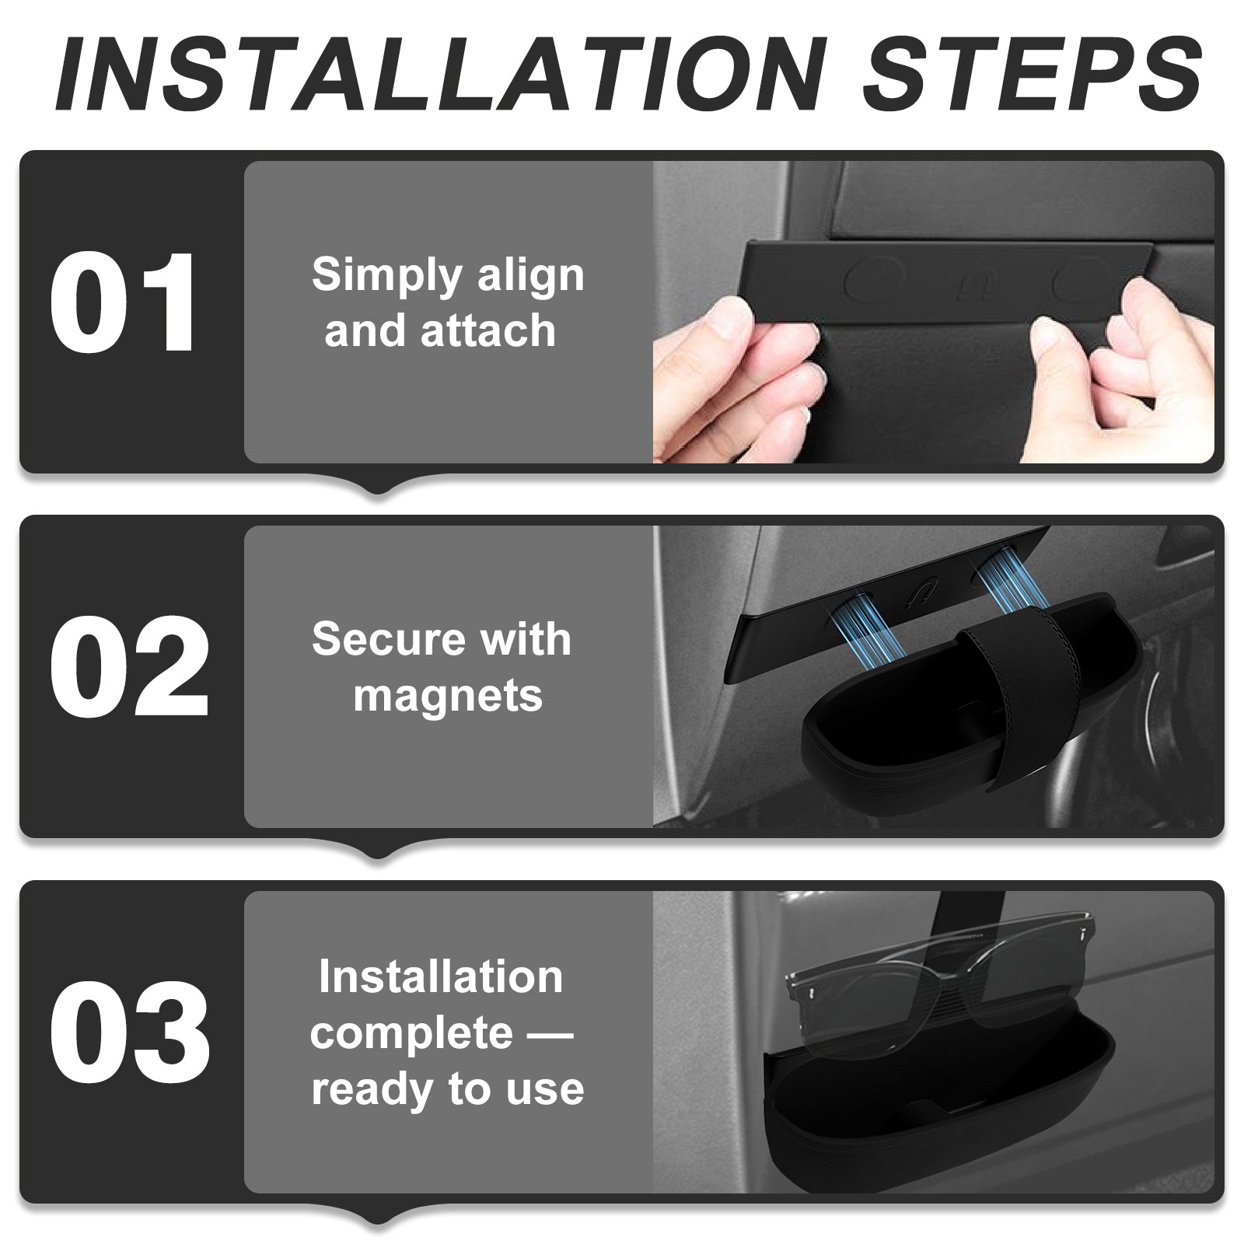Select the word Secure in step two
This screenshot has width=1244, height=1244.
click(x=377, y=640)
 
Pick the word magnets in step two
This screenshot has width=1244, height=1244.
click(x=448, y=695)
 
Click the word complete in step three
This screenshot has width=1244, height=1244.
click(x=411, y=1033)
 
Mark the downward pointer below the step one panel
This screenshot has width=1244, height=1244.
click(x=378, y=484)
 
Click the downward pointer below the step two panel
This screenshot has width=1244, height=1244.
click(x=378, y=848)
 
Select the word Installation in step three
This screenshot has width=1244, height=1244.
click(x=441, y=977)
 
